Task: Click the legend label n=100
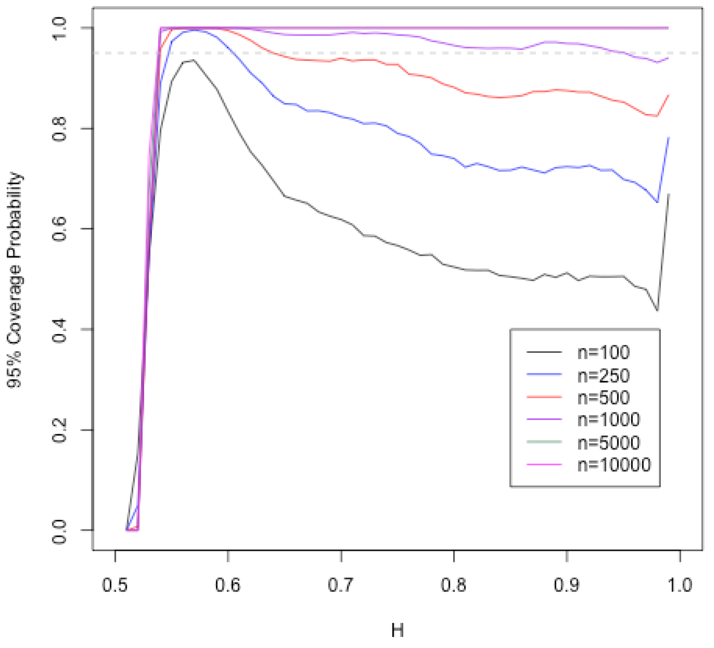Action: [603, 352]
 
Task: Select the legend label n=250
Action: [603, 375]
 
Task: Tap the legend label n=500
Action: [603, 397]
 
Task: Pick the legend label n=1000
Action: [609, 419]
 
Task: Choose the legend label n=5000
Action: [609, 442]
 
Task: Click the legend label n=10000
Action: [614, 464]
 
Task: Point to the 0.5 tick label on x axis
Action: [115, 585]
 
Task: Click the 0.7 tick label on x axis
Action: [341, 585]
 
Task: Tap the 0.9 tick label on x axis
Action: [567, 585]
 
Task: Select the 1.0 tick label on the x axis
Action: [680, 585]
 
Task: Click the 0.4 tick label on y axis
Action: [60, 329]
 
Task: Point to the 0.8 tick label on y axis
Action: [60, 129]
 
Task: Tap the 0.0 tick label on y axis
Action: [60, 530]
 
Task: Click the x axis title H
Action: [397, 631]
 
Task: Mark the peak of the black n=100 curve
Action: [193, 60]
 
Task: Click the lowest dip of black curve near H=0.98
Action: [657, 311]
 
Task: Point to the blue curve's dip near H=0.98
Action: [657, 202]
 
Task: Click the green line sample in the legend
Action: [544, 442]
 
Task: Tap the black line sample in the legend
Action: [544, 352]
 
